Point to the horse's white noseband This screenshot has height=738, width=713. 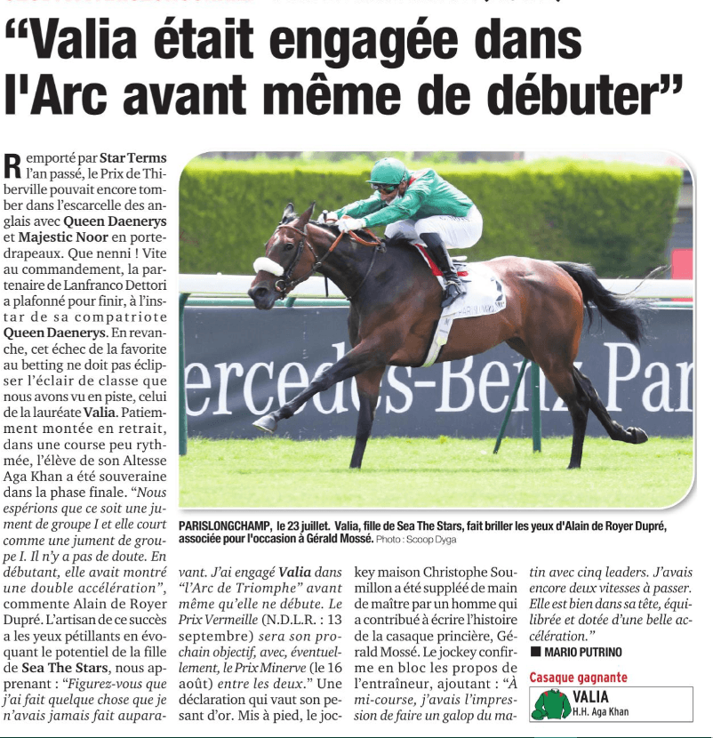[x=268, y=266]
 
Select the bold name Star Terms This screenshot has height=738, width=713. [x=132, y=158]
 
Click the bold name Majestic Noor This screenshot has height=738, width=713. [x=68, y=238]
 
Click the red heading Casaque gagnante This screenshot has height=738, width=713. [x=578, y=678]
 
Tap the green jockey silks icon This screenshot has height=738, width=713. [x=551, y=704]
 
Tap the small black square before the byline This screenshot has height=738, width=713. [x=535, y=653]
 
